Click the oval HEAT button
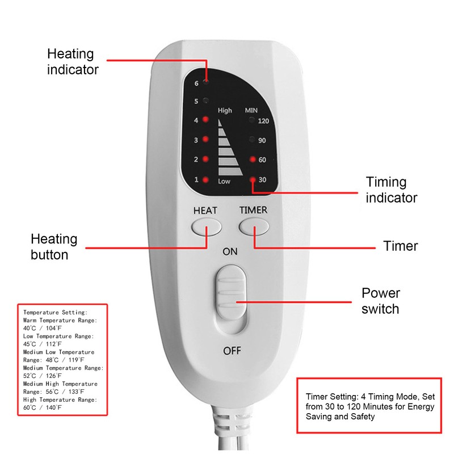pyautogui.click(x=205, y=228)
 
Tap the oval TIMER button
pyautogui.click(x=253, y=228)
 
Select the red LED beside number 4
pyautogui.click(x=205, y=120)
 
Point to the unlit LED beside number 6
pyautogui.click(x=205, y=82)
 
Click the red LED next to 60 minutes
pyautogui.click(x=253, y=159)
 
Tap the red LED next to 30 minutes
pyautogui.click(x=253, y=180)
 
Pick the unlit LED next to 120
pyautogui.click(x=253, y=121)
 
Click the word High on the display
pyautogui.click(x=225, y=111)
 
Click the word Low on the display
pyautogui.click(x=224, y=181)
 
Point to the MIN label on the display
pyautogui.click(x=251, y=110)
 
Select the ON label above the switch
pyautogui.click(x=230, y=251)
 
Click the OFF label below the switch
pyautogui.click(x=232, y=350)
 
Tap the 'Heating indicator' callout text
pyautogui.click(x=73, y=62)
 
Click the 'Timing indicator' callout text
pyautogui.click(x=392, y=190)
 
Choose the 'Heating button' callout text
pyautogui.click(x=54, y=247)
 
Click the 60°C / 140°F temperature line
pyautogui.click(x=43, y=407)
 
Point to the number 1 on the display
pyautogui.click(x=196, y=180)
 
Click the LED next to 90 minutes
pyautogui.click(x=253, y=140)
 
